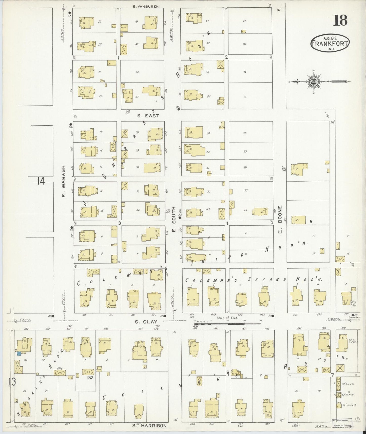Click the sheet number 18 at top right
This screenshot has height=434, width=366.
click(x=340, y=20)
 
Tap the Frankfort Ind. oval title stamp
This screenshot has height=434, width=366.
click(x=330, y=43)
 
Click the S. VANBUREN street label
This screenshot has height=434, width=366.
click(x=146, y=7)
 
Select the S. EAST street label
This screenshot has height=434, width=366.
click(x=148, y=116)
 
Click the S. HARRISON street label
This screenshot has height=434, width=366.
click(x=149, y=426)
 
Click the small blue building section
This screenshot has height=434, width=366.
click(x=18, y=354)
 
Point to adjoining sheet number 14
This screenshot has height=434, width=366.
click(x=41, y=181)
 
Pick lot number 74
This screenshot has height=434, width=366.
click(x=244, y=21)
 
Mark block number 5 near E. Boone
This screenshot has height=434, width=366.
click(x=311, y=222)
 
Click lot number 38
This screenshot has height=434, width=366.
click(x=137, y=72)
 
